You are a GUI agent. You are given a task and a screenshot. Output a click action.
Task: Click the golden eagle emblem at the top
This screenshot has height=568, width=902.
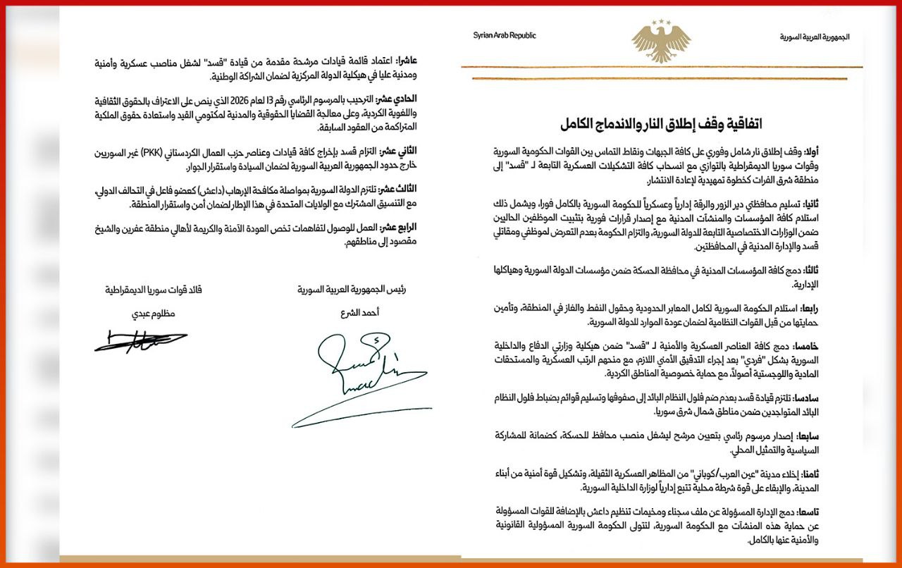[x=660, y=40]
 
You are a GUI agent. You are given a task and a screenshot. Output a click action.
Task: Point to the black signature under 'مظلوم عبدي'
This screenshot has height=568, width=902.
[x=141, y=342]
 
